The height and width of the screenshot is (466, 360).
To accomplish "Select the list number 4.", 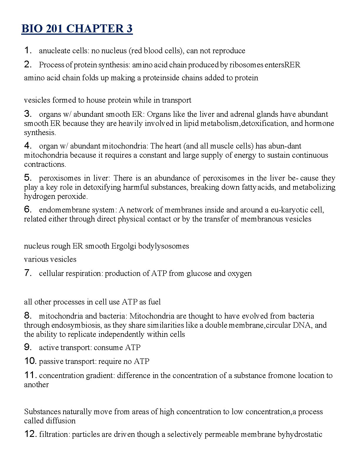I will (28, 146).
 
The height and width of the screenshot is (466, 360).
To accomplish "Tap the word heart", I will (173, 146).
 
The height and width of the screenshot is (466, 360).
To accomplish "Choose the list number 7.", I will (28, 273).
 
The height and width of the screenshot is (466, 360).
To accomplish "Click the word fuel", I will (154, 302).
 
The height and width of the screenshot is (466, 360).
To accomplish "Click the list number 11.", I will (30, 375).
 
